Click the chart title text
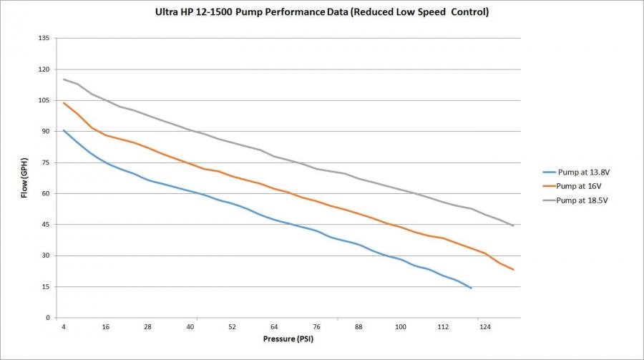322,13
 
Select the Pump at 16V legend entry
576,185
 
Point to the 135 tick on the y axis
44,39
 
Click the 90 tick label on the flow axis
46,132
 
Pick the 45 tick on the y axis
46,225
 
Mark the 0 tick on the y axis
48,318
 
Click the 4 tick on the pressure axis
64,326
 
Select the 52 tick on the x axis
233,326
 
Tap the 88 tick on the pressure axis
358,326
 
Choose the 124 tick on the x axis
485,326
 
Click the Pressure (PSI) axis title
288,339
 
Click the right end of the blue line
472,288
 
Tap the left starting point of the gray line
64,79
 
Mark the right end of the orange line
514,270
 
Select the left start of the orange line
64,103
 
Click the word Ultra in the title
166,13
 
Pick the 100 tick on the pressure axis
401,326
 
